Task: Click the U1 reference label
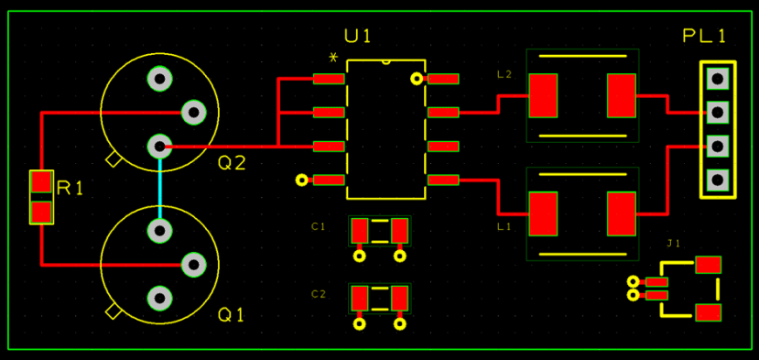coord(358,36)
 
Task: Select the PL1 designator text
coord(704,36)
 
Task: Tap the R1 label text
coord(70,189)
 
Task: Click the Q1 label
coord(231,315)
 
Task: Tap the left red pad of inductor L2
coord(543,95)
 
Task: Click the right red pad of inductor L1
coord(621,213)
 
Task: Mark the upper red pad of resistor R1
coord(41,181)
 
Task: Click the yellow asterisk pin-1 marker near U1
coord(333,60)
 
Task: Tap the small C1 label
coord(318,226)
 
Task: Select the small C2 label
coord(318,294)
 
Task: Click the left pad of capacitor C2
coord(360,298)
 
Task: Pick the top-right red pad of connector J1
coord(708,265)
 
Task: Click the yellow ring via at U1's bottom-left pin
coord(301,180)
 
